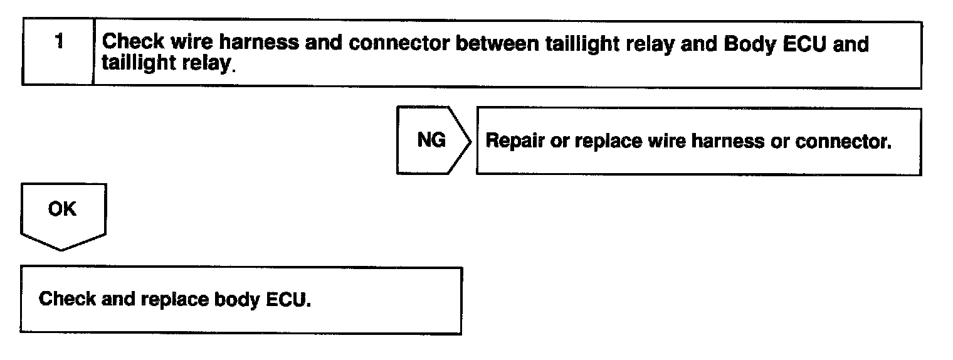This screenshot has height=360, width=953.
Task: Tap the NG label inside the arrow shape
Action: point(431,140)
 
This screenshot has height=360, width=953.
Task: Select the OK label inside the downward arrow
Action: point(61,209)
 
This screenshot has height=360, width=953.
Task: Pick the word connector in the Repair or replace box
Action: point(843,141)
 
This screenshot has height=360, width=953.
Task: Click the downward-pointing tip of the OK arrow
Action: point(61,250)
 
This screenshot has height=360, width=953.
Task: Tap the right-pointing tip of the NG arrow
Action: point(471,140)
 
